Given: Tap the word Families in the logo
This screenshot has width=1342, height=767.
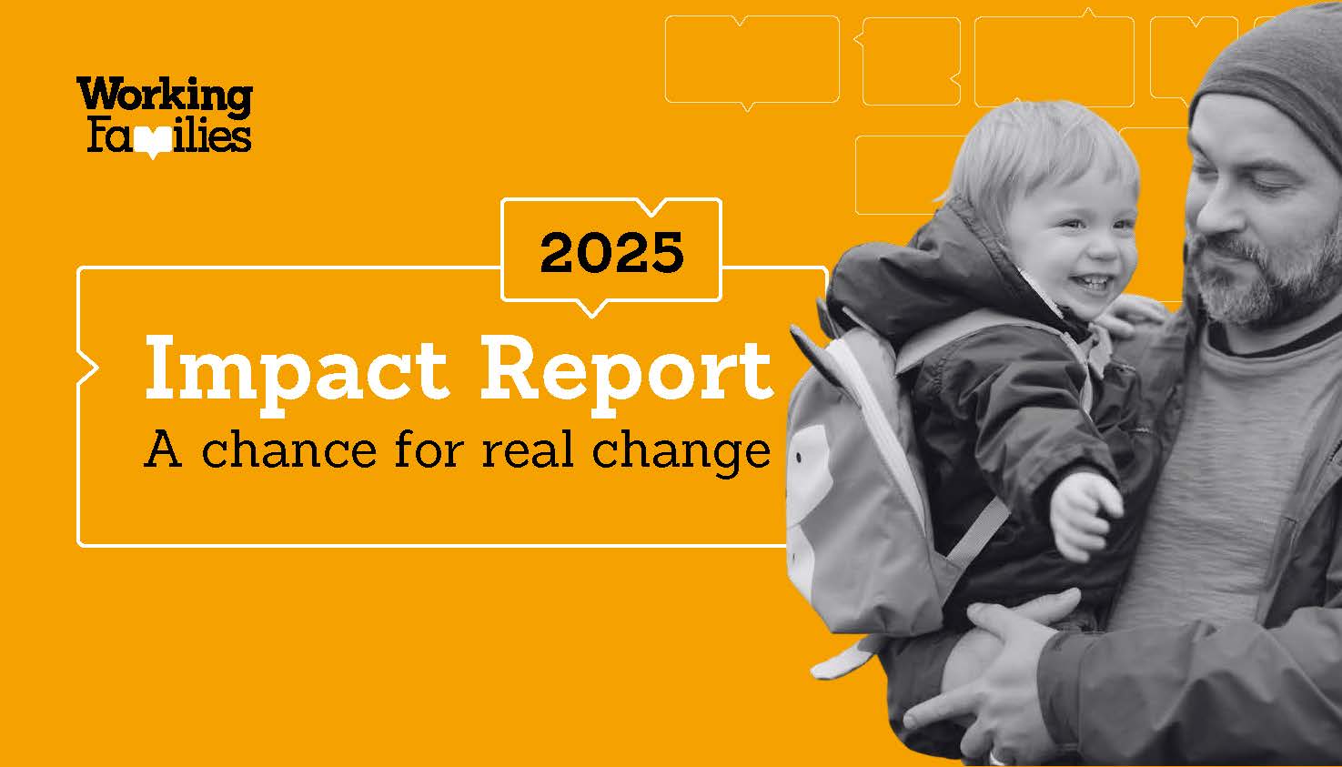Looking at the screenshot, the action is click(169, 136).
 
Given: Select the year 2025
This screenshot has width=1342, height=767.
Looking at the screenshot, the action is click(611, 252).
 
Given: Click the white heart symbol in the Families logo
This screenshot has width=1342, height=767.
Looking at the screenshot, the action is click(154, 144).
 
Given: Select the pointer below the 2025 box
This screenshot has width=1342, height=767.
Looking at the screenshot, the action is click(591, 308).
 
